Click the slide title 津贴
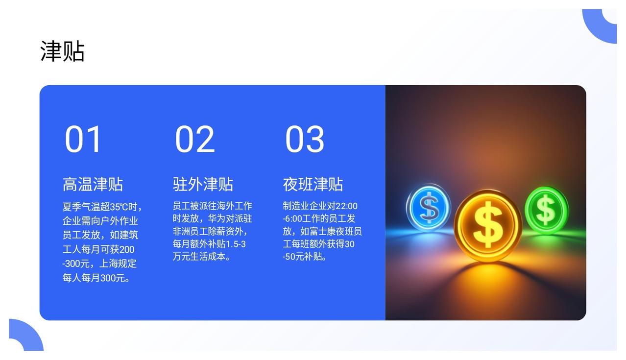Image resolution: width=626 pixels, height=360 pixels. [62, 51]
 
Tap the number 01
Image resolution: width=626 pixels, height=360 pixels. [83, 139]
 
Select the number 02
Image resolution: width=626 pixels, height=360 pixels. [195, 139]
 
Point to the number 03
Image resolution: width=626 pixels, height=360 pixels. [305, 139]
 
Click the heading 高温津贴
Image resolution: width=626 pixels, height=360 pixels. [93, 184]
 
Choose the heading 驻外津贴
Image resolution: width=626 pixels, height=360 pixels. [203, 184]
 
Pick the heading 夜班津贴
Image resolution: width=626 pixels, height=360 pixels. [313, 184]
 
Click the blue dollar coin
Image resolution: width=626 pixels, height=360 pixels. [429, 207]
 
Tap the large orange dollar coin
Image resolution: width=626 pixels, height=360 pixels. [488, 225]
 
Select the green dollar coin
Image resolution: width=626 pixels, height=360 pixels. [546, 210]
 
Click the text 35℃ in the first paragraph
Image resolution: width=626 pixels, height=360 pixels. [119, 207]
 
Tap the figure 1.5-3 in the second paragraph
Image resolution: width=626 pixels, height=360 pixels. [236, 244]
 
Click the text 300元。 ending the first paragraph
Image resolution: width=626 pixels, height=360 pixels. [115, 278]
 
